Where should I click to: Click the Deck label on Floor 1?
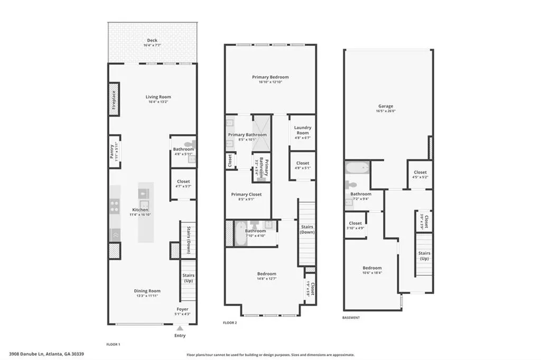pos(152,40)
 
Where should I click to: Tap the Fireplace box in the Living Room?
pos(114,99)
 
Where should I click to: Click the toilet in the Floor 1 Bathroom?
pos(189,144)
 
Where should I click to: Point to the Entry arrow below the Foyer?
pos(180,328)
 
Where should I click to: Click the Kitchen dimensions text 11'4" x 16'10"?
pos(140,215)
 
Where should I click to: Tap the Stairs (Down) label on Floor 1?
pos(188,240)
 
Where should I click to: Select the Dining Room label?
pos(147,291)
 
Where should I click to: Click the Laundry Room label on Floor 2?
pos(302,130)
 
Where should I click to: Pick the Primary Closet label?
pos(246,194)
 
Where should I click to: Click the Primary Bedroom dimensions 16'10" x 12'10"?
pos(270,82)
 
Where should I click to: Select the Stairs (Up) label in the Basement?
pos(424,256)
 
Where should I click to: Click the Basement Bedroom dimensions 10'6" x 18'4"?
pos(372,273)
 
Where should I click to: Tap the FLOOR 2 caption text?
pos(230,322)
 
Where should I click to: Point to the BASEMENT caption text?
pos(351,318)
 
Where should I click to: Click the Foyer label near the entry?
pos(182,309)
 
